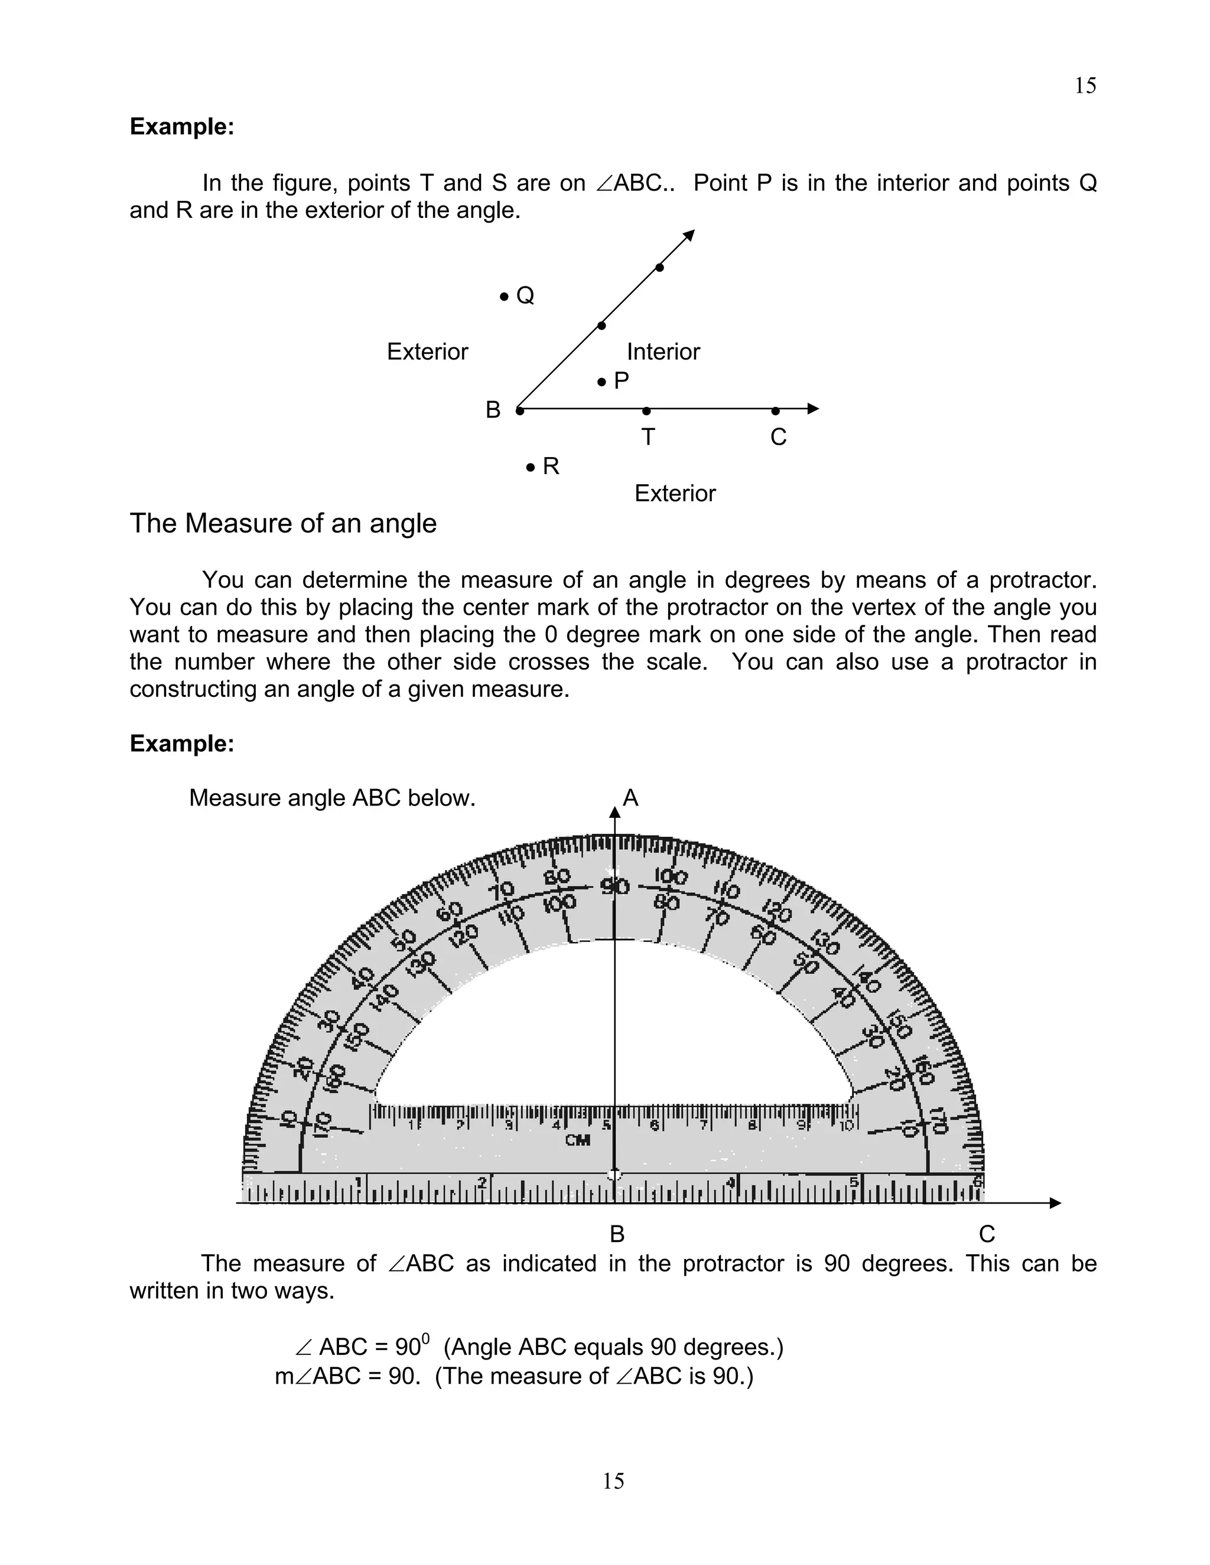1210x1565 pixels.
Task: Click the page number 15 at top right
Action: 1085,86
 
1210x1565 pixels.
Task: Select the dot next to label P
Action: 602,382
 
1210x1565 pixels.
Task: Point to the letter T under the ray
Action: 648,436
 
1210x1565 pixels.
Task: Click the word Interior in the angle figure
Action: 663,352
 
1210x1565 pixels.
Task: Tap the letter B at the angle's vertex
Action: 493,410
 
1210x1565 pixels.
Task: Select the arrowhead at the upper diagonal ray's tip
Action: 690,234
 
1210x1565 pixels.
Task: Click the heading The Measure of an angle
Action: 283,524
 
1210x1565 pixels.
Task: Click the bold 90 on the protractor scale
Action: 614,887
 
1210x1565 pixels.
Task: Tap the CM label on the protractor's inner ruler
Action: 578,1140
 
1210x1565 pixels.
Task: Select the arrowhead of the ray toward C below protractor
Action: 1055,1203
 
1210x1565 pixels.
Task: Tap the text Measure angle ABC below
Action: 332,798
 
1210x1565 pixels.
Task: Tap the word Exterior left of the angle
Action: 427,352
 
